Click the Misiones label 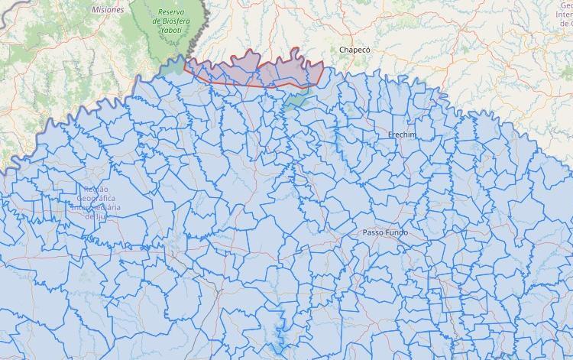point(108,10)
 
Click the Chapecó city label point(354,50)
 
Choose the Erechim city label point(402,135)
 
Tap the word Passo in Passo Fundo point(374,232)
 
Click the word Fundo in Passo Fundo point(397,232)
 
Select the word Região point(97,189)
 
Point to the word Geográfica point(96,198)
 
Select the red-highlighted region point(252,70)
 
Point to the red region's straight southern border point(252,85)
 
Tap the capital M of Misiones point(95,10)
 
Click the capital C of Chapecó point(342,50)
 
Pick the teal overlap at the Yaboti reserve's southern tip point(175,64)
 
